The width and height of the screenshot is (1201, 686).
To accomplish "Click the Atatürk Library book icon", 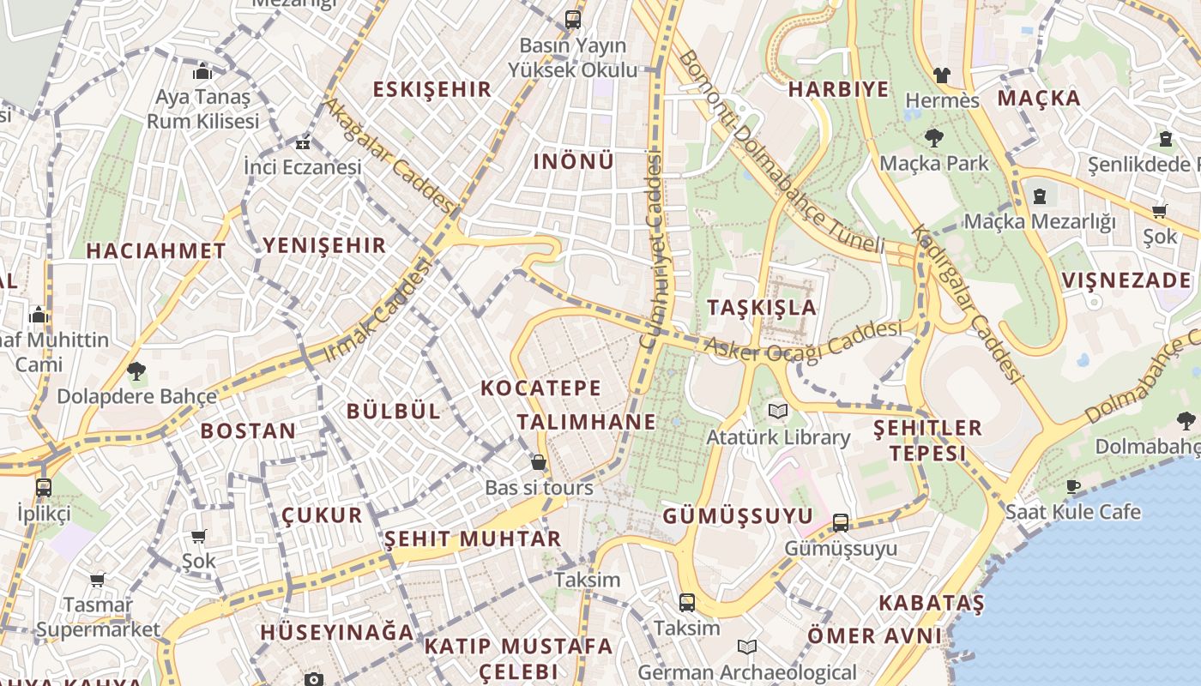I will (x=777, y=412).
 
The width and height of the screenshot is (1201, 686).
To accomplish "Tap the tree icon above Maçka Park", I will (x=933, y=137).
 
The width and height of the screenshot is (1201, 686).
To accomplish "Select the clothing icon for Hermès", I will (x=942, y=75).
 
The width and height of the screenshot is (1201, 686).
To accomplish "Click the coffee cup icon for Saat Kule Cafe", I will (x=1072, y=487).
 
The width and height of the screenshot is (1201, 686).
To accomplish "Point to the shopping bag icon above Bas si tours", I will (x=539, y=462).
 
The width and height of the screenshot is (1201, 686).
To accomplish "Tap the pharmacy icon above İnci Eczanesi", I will (x=302, y=142).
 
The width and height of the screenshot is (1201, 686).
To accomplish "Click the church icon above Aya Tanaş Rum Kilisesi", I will (x=202, y=71).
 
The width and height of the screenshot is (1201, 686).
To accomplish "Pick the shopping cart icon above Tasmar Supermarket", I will (x=98, y=581).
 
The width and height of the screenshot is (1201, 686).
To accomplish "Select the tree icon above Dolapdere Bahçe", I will (x=136, y=371).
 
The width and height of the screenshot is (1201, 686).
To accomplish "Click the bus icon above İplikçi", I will (x=43, y=488).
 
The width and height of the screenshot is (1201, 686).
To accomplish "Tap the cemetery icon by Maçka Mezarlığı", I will (x=1040, y=196).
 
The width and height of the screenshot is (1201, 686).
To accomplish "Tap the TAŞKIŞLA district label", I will (x=762, y=307).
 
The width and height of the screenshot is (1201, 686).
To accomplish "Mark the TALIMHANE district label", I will (x=586, y=422).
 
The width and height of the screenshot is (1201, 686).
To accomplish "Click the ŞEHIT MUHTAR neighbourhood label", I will (x=472, y=539).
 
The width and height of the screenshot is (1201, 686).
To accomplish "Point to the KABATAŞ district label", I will (x=931, y=603).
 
